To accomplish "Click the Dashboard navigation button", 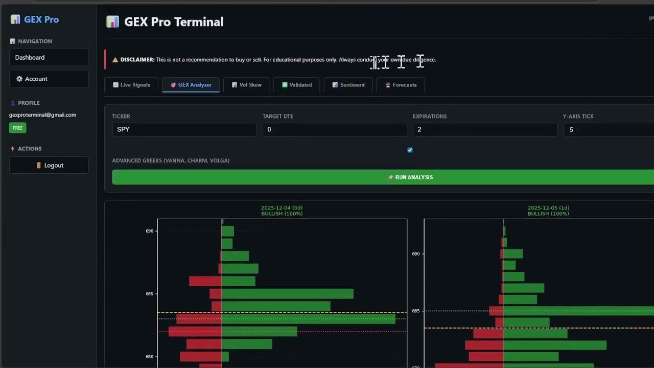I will tap(49, 57).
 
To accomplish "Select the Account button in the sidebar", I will tap(49, 79).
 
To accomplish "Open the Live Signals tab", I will tap(131, 85).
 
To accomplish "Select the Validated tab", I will tap(296, 85).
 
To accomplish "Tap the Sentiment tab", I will tap(348, 85).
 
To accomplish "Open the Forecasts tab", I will tap(400, 85).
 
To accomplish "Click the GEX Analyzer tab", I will tap(191, 85).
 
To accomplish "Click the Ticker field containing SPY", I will tap(184, 129).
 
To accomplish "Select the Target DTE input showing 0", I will tap(334, 129).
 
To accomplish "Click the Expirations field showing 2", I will tap(484, 129).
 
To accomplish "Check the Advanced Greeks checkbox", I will tap(410, 150).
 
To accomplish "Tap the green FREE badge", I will tap(18, 128).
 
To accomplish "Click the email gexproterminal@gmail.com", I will tap(42, 115).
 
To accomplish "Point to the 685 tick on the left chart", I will tap(149, 294).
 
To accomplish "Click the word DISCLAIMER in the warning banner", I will tap(137, 60).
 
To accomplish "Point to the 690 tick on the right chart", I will tap(416, 254).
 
